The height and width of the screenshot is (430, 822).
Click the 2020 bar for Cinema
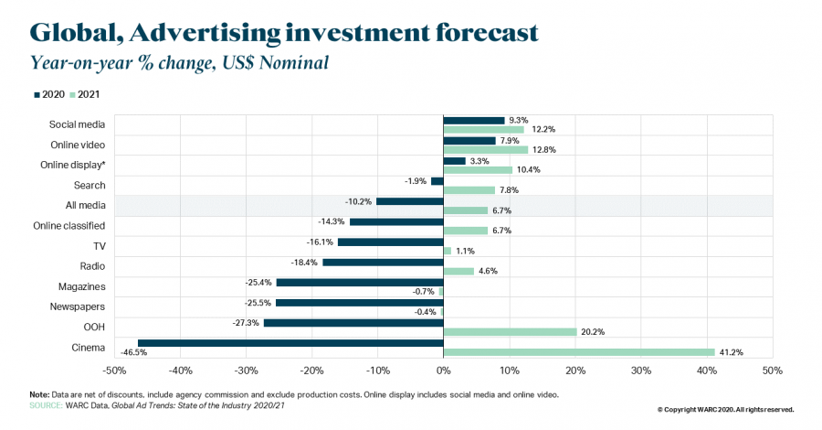290,343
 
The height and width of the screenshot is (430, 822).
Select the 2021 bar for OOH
510,331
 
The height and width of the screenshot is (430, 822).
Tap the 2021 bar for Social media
483,129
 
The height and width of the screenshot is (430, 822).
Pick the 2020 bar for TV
390,242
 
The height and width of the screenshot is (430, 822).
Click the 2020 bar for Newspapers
359,303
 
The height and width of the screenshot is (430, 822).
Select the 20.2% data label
593,331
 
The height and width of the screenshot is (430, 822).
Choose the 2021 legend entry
86,94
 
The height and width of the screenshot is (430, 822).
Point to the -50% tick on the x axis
114,371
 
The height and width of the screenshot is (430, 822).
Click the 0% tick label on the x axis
443,371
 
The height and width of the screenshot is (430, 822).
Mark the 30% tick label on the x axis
640,371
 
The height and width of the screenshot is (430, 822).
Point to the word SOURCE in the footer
47,403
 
